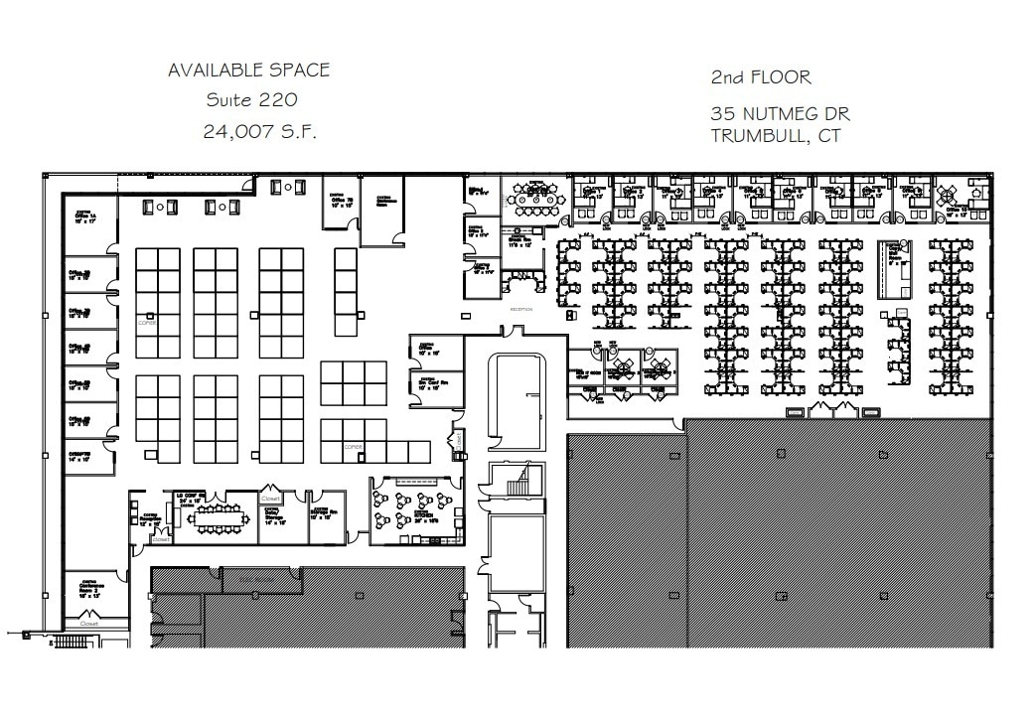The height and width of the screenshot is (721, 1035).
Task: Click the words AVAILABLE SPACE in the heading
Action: click(x=248, y=71)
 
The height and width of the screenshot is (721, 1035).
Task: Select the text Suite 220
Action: click(x=251, y=100)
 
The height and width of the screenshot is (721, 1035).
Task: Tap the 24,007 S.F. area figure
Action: click(x=260, y=132)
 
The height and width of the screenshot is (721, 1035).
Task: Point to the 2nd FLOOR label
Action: click(x=761, y=77)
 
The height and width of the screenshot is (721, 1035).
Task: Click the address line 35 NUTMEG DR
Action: click(x=780, y=113)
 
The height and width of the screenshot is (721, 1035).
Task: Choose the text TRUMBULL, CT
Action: click(x=775, y=136)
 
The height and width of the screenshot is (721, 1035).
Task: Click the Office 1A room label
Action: click(x=79, y=216)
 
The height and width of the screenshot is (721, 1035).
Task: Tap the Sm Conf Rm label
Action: click(x=428, y=383)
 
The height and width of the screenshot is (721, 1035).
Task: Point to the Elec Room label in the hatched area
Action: click(x=247, y=576)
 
